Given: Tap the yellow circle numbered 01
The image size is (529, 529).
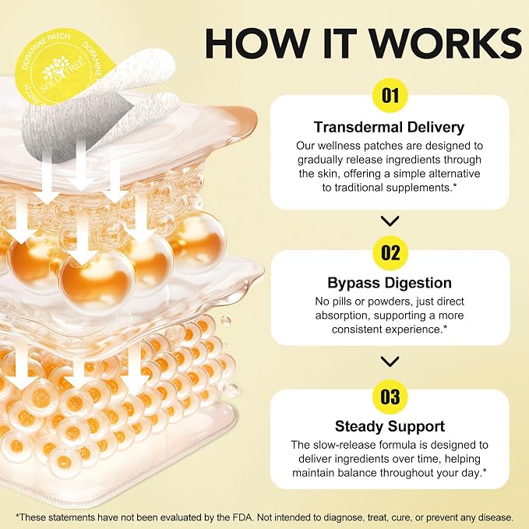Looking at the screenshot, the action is pos(390,96).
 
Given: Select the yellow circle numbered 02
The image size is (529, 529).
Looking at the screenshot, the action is pos(390,252).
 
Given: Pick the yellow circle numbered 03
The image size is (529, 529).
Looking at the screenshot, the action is pos(390,397).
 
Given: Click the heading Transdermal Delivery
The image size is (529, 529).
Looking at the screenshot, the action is pos(389,127).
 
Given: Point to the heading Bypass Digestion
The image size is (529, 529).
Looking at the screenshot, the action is pos(390,283).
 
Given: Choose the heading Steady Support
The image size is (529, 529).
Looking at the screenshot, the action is pos(390,426).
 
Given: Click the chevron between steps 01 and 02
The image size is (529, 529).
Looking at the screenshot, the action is pos(390,221).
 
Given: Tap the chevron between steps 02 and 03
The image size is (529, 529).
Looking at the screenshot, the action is pos(390,361).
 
